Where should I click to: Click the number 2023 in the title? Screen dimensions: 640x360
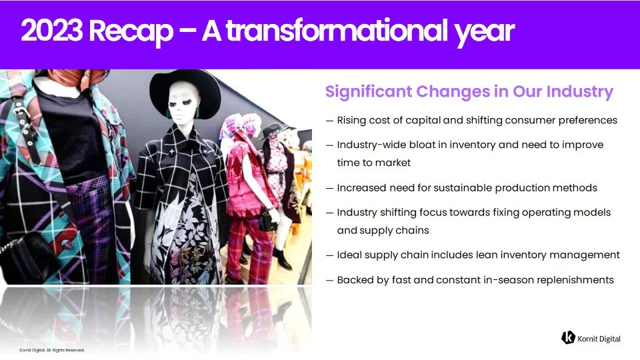click(52, 31)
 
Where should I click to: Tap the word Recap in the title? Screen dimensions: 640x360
click(131, 33)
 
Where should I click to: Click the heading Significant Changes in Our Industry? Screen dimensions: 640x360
click(469, 91)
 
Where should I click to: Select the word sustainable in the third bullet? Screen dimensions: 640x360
click(463, 188)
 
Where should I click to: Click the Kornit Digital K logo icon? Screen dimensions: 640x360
click(568, 337)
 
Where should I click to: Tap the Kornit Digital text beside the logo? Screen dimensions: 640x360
click(599, 339)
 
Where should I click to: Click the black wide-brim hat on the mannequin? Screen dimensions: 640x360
click(185, 93)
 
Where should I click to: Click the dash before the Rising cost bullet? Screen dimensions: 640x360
click(329, 121)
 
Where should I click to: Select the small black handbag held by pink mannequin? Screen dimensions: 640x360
click(268, 221)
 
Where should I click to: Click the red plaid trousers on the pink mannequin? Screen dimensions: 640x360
click(249, 249)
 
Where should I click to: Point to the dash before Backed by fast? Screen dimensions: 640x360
click(329, 281)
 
